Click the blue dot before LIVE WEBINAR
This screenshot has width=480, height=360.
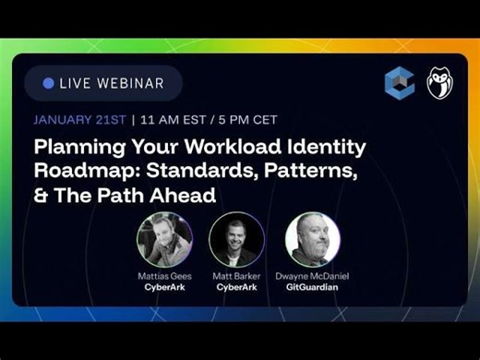pyautogui.click(x=48, y=83)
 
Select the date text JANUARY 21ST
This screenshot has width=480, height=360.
pyautogui.click(x=80, y=119)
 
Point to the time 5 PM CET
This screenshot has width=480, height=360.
pyautogui.click(x=246, y=119)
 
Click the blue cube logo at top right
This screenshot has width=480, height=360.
pyautogui.click(x=399, y=83)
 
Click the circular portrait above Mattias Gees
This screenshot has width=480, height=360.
pyautogui.click(x=163, y=240)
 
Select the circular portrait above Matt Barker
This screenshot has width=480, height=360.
pyautogui.click(x=236, y=240)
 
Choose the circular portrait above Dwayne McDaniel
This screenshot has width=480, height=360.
pyautogui.click(x=312, y=240)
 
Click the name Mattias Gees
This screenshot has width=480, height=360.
pyautogui.click(x=163, y=276)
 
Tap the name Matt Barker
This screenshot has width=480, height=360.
pyautogui.click(x=236, y=276)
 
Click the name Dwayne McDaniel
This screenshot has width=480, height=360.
pyautogui.click(x=312, y=276)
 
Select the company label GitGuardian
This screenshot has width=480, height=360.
pyautogui.click(x=312, y=287)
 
